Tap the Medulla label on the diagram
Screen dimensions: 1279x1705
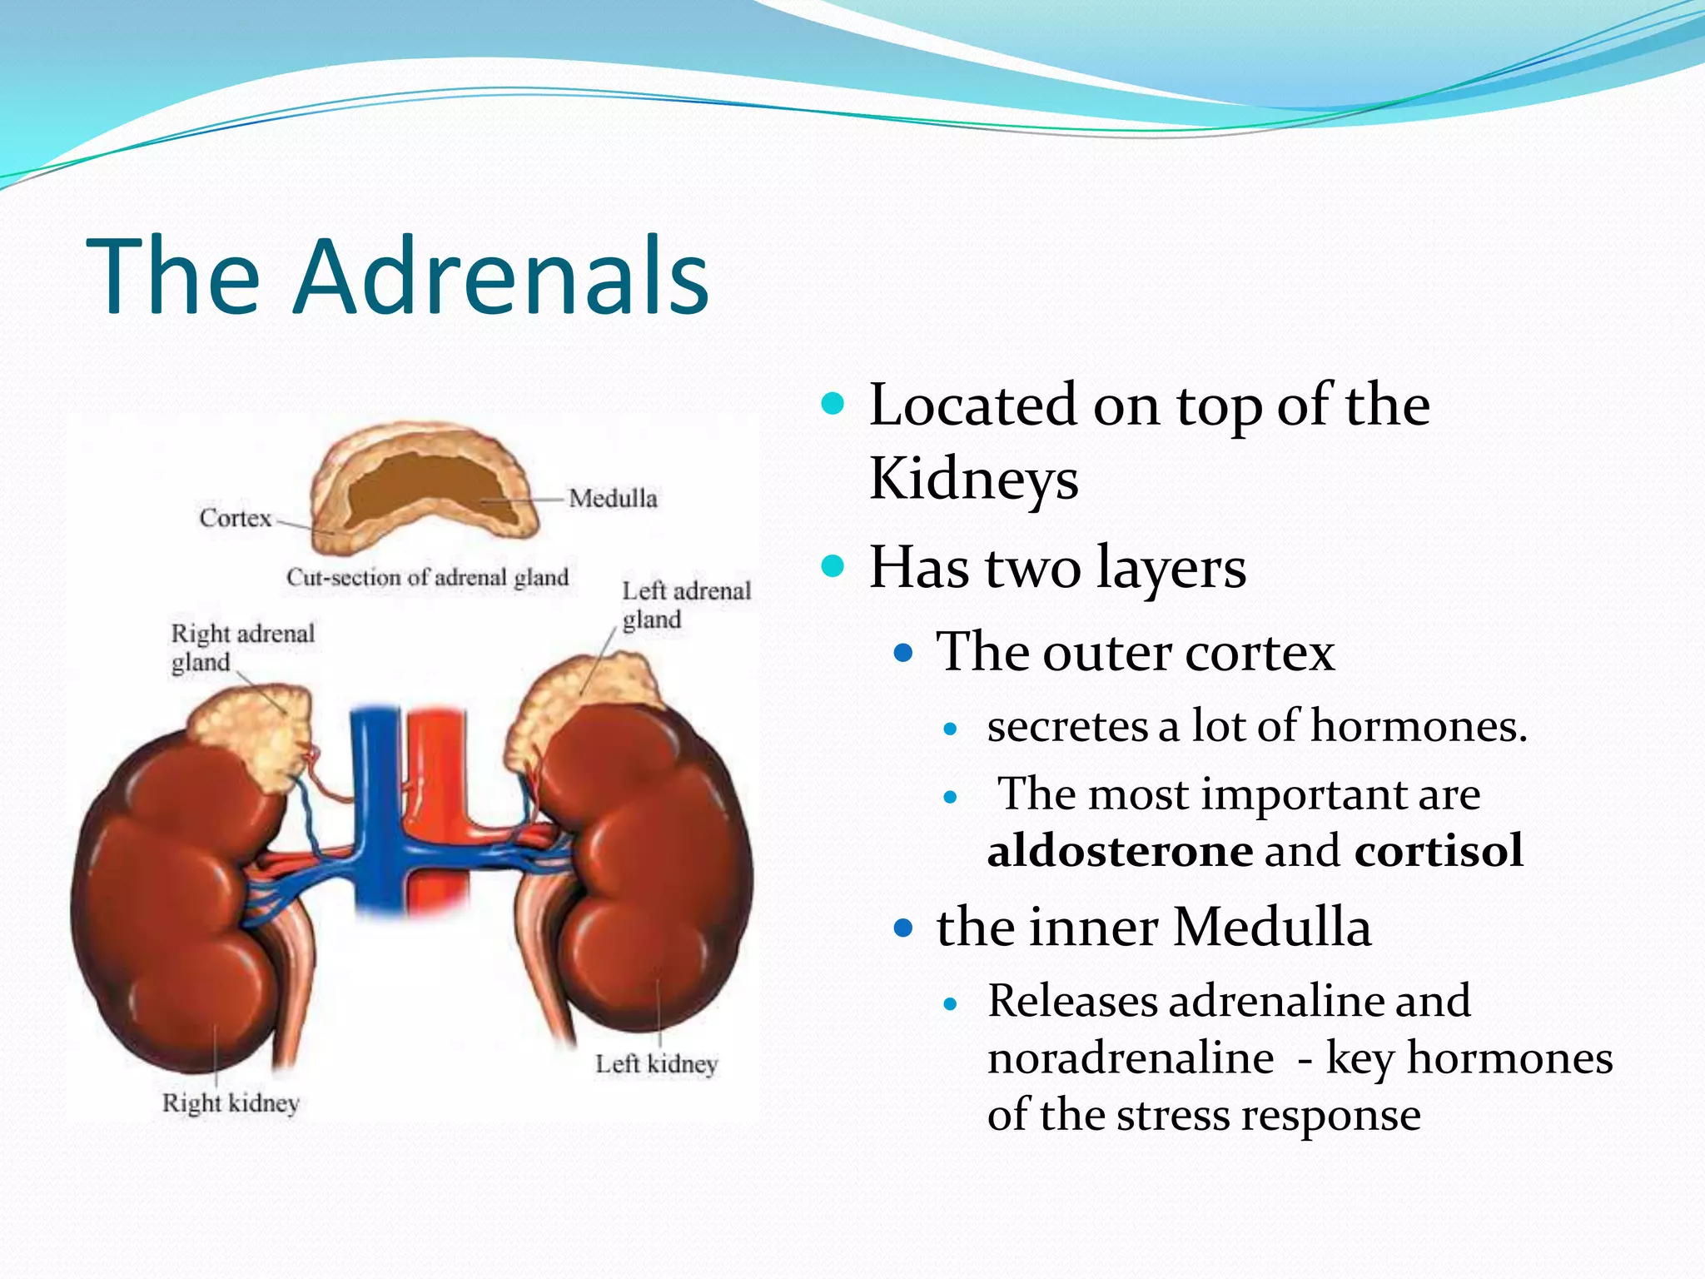coord(613,498)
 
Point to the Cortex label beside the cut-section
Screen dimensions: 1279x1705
coord(235,518)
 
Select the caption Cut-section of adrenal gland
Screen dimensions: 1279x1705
coord(427,577)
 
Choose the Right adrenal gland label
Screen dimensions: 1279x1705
coord(241,647)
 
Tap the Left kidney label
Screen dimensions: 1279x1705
coord(656,1063)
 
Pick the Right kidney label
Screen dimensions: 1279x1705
coord(231,1102)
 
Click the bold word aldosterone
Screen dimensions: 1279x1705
coord(1120,850)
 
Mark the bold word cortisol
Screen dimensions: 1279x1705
coord(1439,850)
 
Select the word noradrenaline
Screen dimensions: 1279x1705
coord(1130,1058)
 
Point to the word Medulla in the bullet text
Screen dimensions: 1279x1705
coord(1273,927)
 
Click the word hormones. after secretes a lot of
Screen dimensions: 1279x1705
coord(1419,725)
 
